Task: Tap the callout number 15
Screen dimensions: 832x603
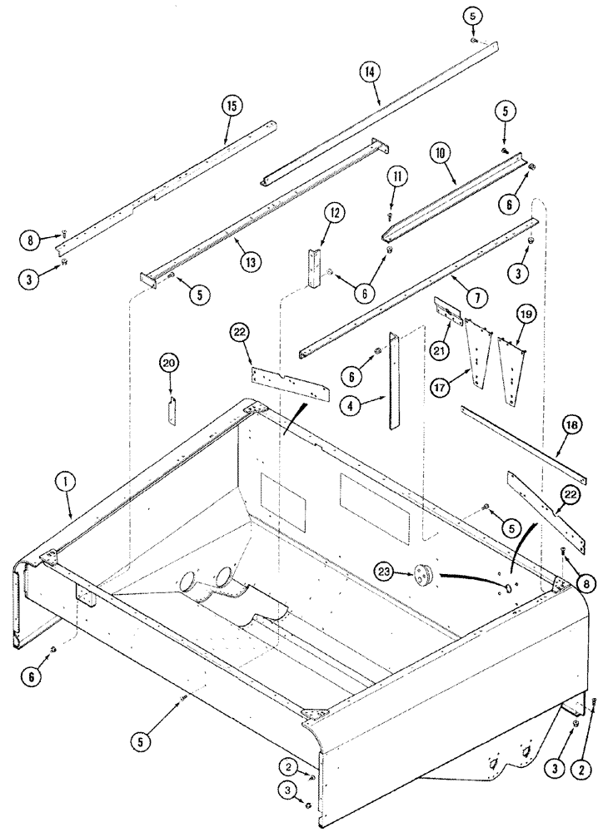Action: pos(231,106)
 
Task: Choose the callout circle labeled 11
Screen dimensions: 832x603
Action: pos(397,176)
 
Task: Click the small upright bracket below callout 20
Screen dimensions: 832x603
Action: pos(172,410)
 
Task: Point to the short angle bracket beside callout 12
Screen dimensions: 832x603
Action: pos(314,267)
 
